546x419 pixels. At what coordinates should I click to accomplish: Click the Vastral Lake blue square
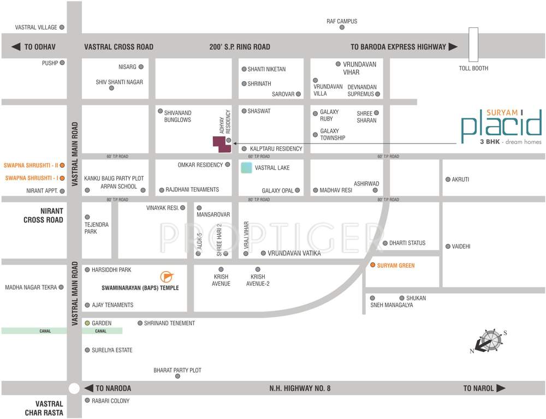246,168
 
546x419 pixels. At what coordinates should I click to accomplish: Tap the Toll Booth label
473,68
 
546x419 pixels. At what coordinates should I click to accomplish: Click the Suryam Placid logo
501,127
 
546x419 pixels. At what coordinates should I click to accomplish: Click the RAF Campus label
342,21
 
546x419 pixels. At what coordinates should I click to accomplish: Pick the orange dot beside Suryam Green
373,265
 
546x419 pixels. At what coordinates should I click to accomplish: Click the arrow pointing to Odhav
16,47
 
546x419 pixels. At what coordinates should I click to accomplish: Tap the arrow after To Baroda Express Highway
453,47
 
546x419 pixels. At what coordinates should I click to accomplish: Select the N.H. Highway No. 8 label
300,388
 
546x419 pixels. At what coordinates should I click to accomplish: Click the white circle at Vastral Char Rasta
74,388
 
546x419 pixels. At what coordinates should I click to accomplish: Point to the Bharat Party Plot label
177,370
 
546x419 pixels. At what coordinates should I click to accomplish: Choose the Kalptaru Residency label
276,148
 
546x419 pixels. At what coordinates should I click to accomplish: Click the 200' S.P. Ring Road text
240,47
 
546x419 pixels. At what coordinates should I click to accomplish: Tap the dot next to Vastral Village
62,27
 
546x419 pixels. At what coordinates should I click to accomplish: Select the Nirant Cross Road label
43,216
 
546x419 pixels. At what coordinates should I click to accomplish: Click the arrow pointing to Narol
501,388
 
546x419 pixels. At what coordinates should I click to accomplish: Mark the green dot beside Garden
87,323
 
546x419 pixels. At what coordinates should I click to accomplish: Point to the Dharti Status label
407,243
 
